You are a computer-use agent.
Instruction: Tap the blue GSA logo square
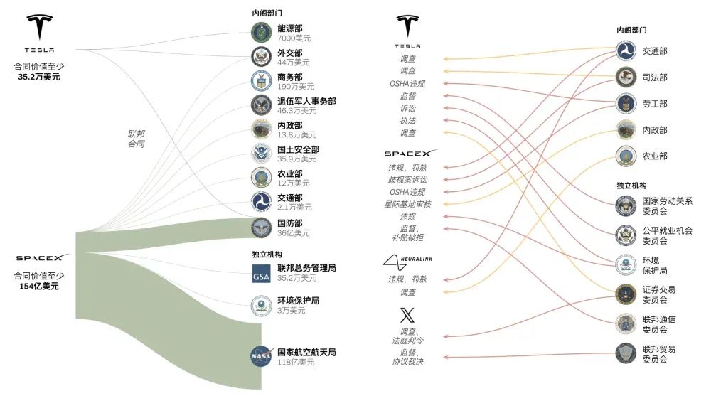click(x=261, y=274)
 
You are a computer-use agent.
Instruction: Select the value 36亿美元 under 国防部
click(x=294, y=232)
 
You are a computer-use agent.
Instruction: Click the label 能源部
click(x=290, y=28)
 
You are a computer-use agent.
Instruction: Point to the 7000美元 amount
click(x=294, y=38)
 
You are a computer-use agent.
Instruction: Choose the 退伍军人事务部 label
click(x=306, y=101)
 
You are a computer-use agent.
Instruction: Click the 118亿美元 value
click(x=296, y=362)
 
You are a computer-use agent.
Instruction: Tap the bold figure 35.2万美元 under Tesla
click(x=39, y=77)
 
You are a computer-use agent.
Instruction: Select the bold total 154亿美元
click(x=39, y=287)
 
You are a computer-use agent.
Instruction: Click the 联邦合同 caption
click(x=136, y=139)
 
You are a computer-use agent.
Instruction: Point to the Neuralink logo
click(x=407, y=262)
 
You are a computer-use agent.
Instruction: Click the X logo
click(x=407, y=315)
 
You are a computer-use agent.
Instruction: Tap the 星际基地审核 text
click(x=407, y=204)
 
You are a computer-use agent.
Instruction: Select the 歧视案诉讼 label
click(x=407, y=180)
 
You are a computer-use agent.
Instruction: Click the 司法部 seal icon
click(x=626, y=77)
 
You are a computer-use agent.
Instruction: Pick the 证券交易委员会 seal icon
click(x=626, y=294)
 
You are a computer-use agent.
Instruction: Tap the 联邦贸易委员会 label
click(x=659, y=354)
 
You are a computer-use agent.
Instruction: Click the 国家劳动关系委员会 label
click(x=667, y=205)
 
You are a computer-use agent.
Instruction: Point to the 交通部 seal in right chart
click(x=626, y=50)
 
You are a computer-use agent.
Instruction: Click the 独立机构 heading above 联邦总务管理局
click(x=267, y=254)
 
